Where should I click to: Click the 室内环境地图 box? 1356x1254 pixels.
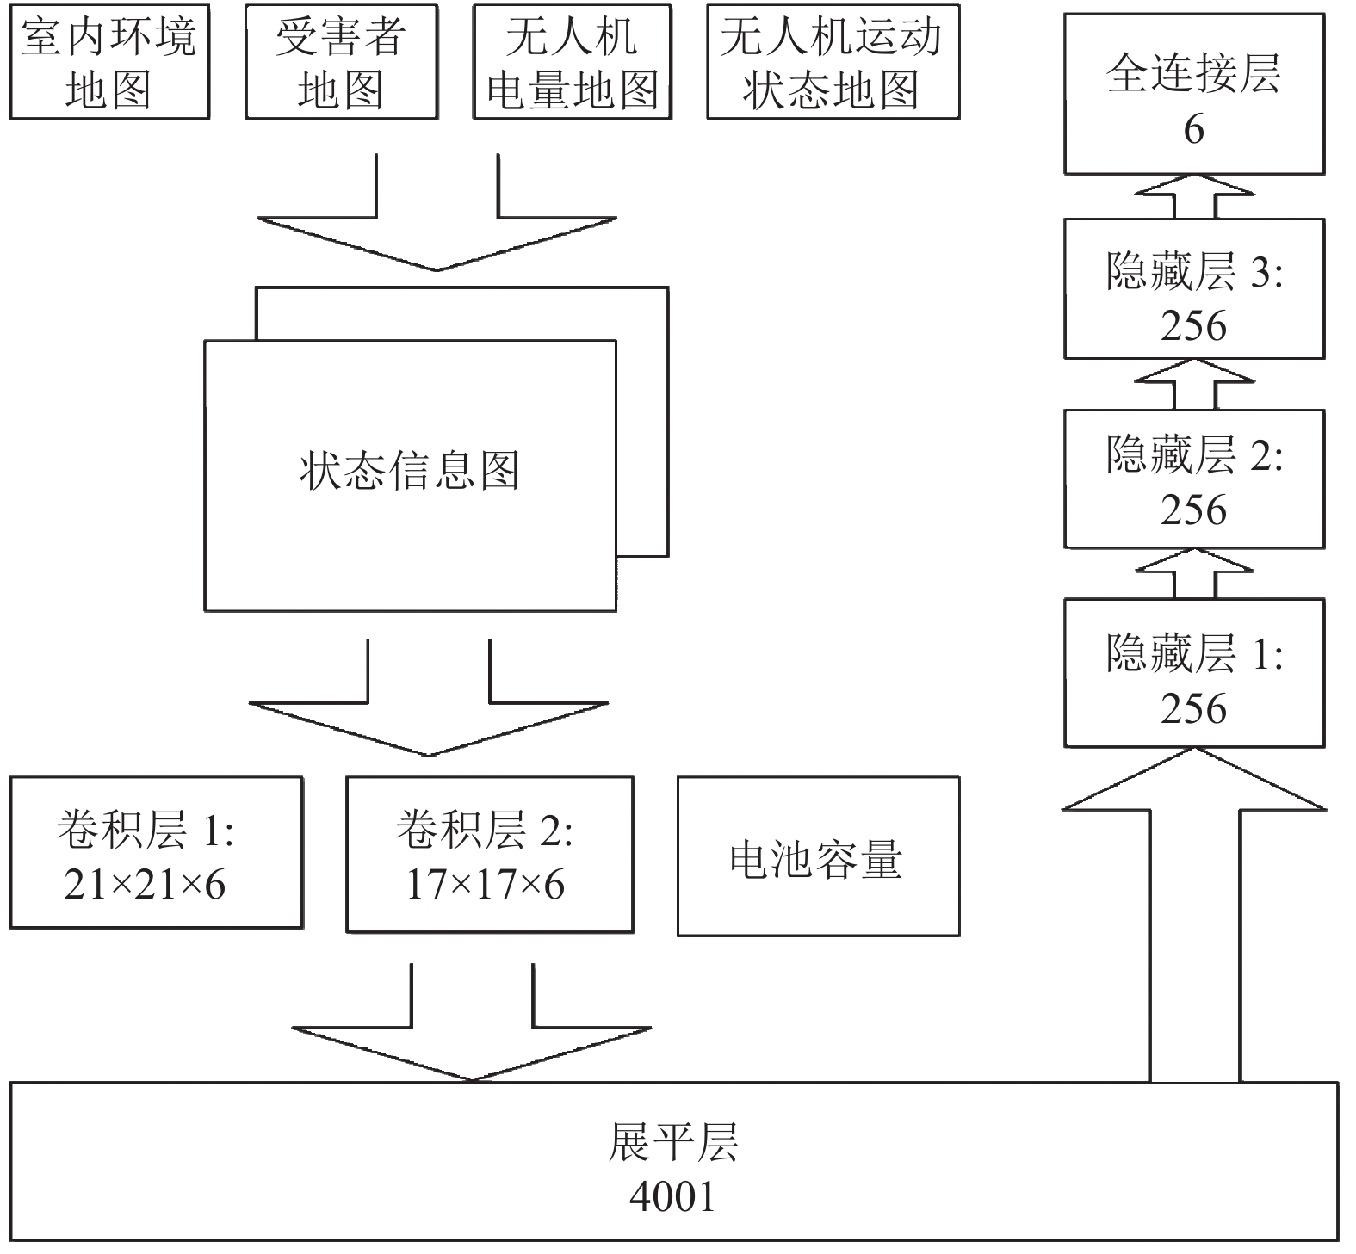(x=109, y=61)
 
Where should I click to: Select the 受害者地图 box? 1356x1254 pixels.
(x=341, y=61)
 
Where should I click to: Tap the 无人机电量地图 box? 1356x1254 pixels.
(x=573, y=61)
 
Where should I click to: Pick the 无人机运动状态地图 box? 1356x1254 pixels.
(x=833, y=61)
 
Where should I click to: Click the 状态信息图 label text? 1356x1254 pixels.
(x=410, y=471)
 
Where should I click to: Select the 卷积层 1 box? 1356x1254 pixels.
(x=156, y=852)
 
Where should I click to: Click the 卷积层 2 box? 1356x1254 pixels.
(x=490, y=855)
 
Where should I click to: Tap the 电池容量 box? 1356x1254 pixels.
(x=818, y=856)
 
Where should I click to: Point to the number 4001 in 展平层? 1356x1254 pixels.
(x=672, y=1196)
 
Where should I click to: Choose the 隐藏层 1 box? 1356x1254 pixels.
(x=1194, y=673)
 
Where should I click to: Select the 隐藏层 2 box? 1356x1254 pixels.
(x=1194, y=479)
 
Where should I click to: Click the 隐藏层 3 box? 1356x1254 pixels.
(x=1194, y=288)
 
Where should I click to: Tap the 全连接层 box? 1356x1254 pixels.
(x=1194, y=94)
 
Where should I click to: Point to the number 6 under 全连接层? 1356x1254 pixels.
(x=1193, y=129)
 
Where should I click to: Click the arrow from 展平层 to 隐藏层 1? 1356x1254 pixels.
(x=1194, y=914)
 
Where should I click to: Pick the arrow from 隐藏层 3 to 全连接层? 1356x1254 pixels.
(x=1194, y=196)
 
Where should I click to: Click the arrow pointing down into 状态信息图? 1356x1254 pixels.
(x=437, y=213)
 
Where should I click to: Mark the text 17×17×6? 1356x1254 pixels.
(x=486, y=885)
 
